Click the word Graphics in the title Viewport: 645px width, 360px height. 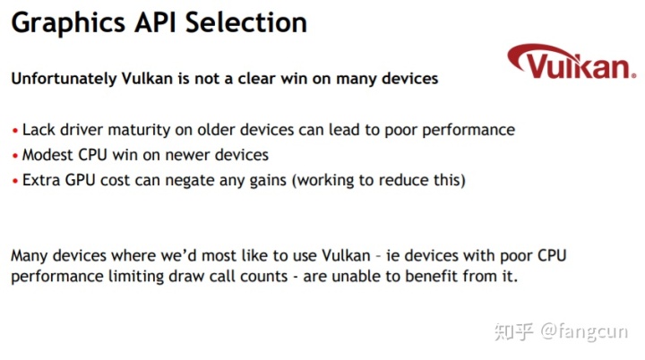pos(68,23)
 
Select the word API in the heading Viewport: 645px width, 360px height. pos(156,22)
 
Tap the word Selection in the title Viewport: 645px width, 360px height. pos(246,22)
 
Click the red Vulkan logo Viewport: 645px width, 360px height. pos(572,62)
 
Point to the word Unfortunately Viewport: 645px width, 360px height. pos(64,78)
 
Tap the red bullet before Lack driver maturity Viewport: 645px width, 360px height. pos(15,132)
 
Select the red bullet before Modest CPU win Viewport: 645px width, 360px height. pos(15,156)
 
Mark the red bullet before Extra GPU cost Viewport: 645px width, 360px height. pos(15,181)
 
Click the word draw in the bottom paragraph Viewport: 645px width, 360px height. pos(186,276)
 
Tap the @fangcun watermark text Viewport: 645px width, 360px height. pos(584,331)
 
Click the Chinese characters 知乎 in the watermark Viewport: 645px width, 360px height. pos(514,331)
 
